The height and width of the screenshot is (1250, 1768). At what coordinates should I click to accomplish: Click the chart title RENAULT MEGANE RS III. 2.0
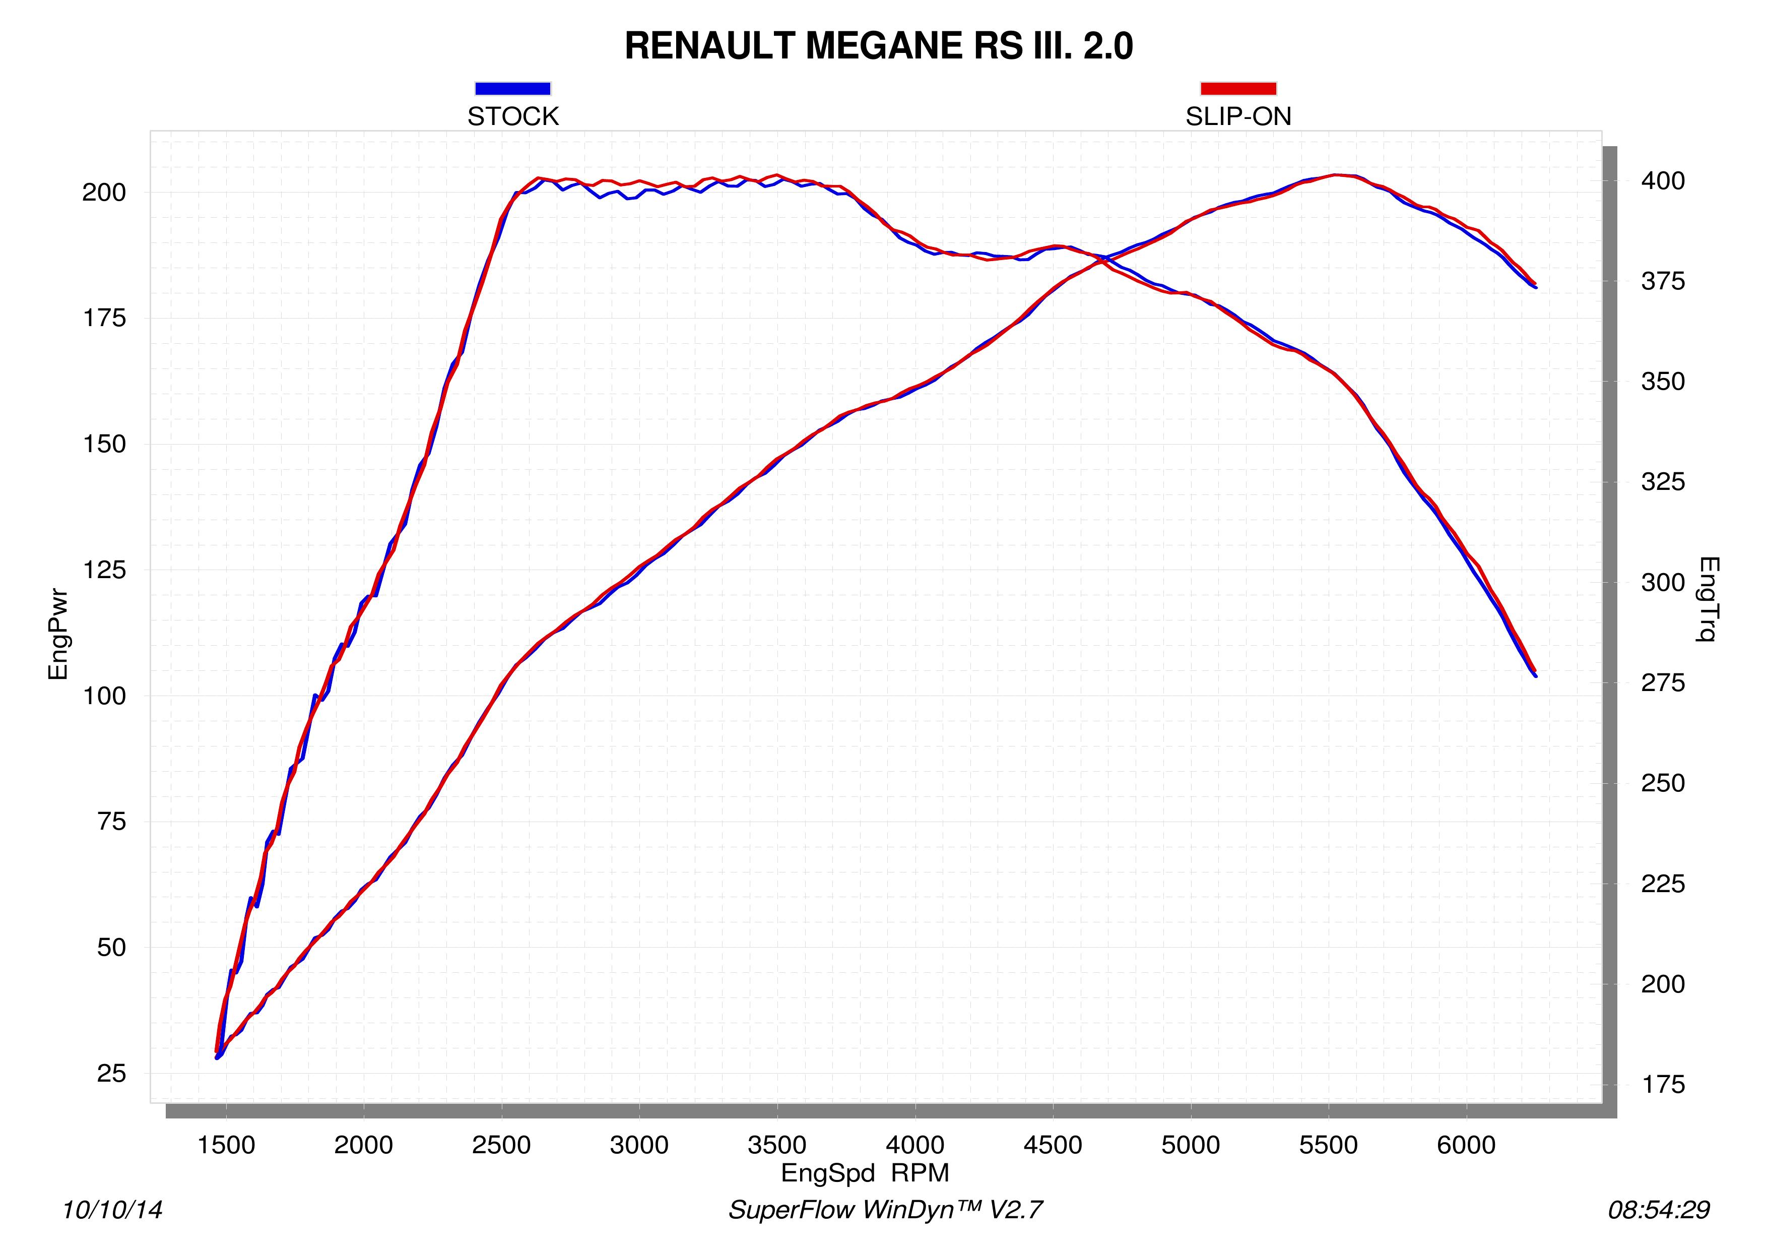(879, 46)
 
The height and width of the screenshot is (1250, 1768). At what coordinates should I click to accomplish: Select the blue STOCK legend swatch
(513, 89)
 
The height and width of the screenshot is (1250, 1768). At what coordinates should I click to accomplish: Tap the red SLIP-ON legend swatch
(1238, 89)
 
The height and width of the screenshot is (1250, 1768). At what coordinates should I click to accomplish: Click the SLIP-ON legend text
(1238, 116)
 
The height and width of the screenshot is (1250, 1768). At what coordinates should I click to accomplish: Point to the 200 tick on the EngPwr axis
(104, 193)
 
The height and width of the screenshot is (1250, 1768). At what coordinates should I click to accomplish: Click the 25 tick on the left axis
(112, 1073)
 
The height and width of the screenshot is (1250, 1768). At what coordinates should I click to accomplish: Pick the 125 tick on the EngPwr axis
(104, 570)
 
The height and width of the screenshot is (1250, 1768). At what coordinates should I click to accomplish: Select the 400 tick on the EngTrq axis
(1663, 181)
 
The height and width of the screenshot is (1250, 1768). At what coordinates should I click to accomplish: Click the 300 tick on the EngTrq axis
(1663, 582)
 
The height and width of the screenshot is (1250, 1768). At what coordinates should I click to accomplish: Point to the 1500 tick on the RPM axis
(226, 1145)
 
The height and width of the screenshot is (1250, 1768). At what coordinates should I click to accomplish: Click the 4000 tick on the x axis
(915, 1145)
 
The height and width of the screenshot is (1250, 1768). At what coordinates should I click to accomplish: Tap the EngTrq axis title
(1707, 599)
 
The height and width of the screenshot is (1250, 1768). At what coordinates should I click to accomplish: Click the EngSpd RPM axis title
(865, 1173)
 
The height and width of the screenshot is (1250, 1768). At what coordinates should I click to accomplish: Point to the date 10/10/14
(112, 1210)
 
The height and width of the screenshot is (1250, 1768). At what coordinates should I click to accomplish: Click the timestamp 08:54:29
(1659, 1210)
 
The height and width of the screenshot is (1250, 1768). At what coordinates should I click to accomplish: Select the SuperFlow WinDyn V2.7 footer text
(886, 1210)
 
